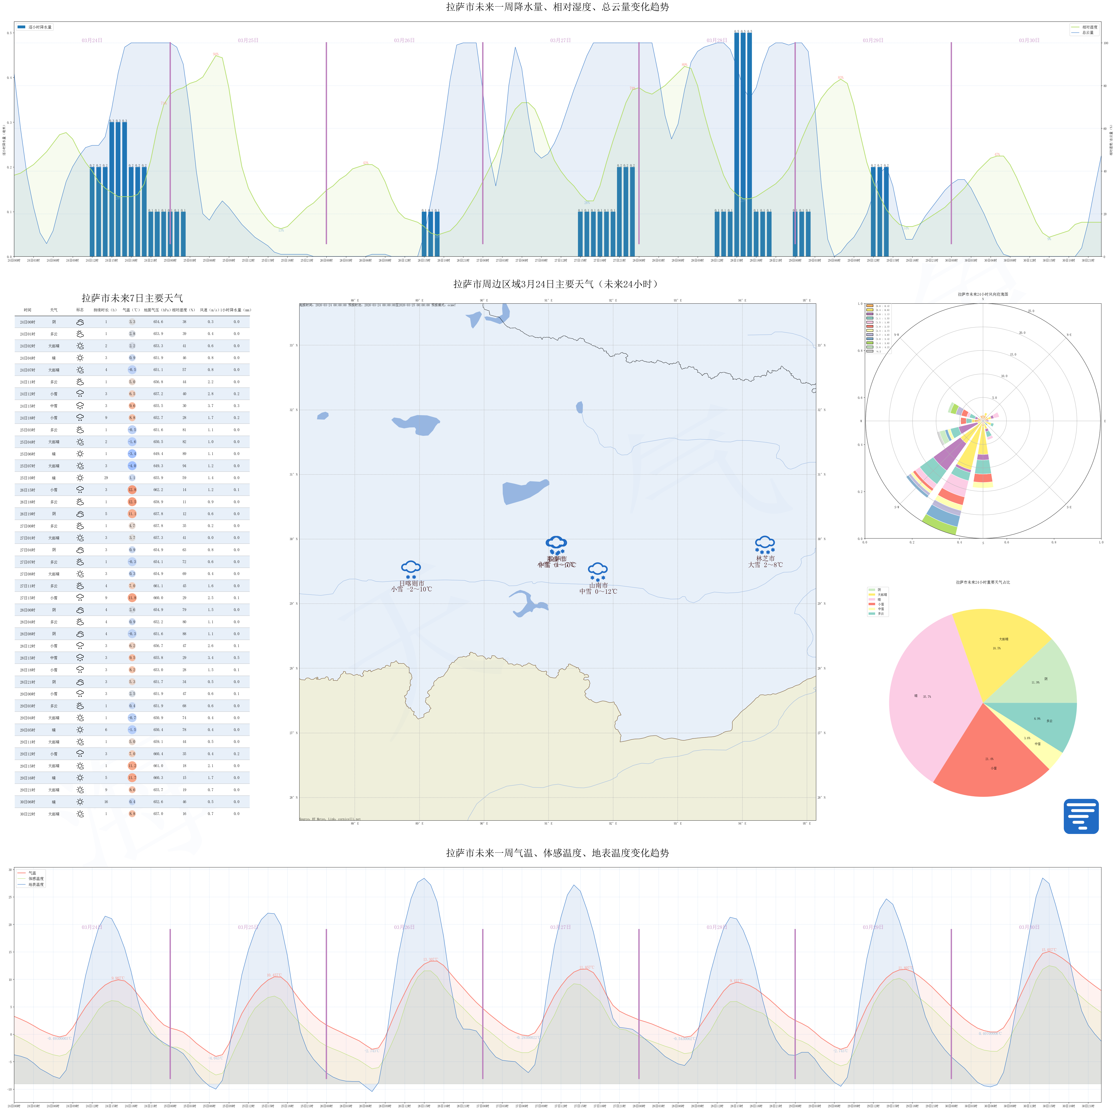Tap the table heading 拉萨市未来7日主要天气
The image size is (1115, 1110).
pos(132,298)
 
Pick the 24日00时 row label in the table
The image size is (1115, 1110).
pos(28,322)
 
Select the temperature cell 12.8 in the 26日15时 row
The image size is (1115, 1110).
pos(132,490)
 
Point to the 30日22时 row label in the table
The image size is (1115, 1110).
pos(28,814)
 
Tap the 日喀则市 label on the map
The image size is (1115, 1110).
pos(411,583)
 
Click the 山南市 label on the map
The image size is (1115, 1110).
pos(599,585)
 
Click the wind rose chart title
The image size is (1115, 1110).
pos(983,294)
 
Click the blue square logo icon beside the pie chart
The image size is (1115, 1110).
pos(1081,816)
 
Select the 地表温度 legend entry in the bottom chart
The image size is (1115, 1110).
pos(36,884)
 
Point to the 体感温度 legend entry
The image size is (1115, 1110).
pos(36,878)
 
